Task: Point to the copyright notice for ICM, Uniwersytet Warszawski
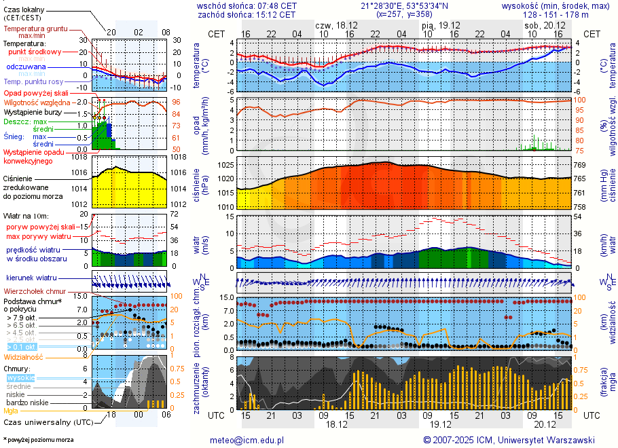coord(509,440)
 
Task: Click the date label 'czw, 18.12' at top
coord(338,24)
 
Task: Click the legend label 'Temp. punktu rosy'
coord(33,81)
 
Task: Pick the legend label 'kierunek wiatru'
coord(31,278)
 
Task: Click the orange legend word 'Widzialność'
coord(24,356)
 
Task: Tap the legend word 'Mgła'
coord(11,411)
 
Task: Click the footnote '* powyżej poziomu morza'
coord(38,440)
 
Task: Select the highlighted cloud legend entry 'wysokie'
coord(20,377)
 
